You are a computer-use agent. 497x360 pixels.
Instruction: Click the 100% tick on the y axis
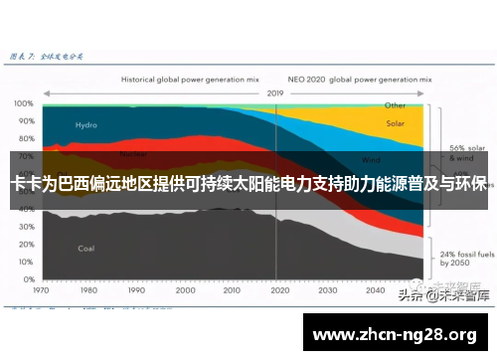pyautogui.click(x=23, y=103)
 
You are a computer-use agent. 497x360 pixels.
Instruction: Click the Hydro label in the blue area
pyautogui.click(x=86, y=125)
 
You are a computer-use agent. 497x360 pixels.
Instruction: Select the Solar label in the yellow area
pyautogui.click(x=395, y=125)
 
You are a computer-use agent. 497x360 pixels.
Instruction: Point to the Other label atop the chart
pyautogui.click(x=395, y=104)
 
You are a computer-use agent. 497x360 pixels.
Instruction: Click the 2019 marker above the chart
pyautogui.click(x=275, y=92)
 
